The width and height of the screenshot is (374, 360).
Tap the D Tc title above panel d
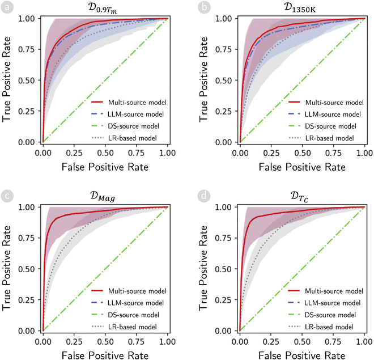[x=302, y=196]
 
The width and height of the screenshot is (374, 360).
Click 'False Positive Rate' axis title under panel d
[x=302, y=354]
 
